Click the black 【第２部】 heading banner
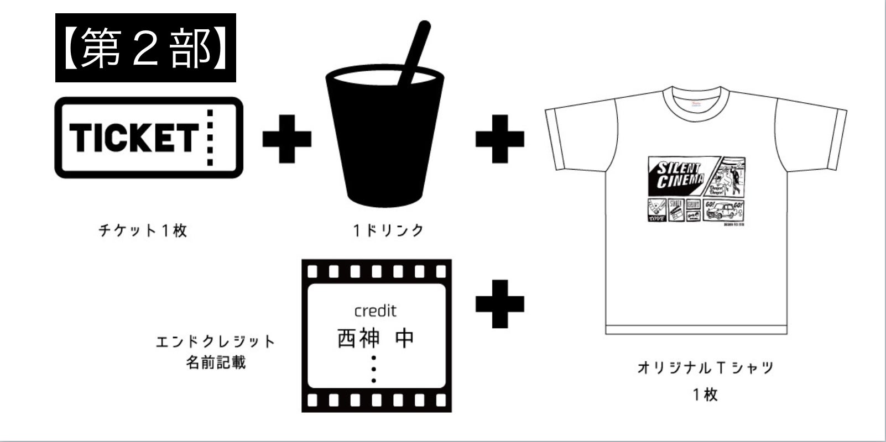pyautogui.click(x=145, y=48)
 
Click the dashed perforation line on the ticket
pyautogui.click(x=210, y=137)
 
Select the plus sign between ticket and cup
pyautogui.click(x=286, y=138)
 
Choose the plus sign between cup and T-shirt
pyautogui.click(x=499, y=138)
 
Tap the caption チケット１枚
pyautogui.click(x=143, y=230)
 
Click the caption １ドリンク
pyautogui.click(x=388, y=230)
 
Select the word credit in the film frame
pyautogui.click(x=376, y=311)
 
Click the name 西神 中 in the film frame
pyautogui.click(x=376, y=338)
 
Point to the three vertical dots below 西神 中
pyautogui.click(x=374, y=369)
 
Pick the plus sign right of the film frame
pyautogui.click(x=499, y=303)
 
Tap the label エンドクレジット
pyautogui.click(x=215, y=341)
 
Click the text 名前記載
pyautogui.click(x=215, y=363)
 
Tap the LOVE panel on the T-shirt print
pyautogui.click(x=656, y=211)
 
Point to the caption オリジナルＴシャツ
pyautogui.click(x=705, y=367)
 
